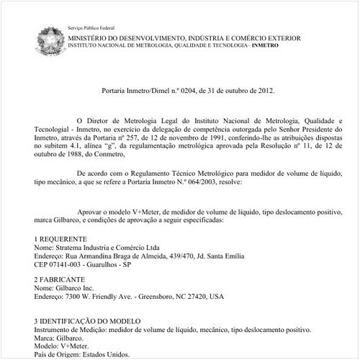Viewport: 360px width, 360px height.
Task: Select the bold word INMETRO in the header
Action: (262, 45)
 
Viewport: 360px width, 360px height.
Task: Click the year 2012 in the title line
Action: (258, 91)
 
